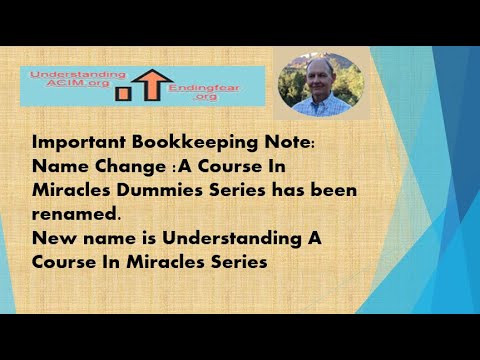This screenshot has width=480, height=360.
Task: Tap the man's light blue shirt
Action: [318, 105]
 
